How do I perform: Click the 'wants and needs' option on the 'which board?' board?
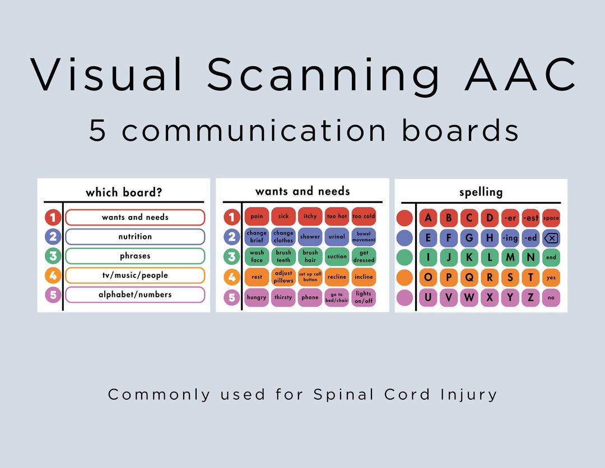click(135, 217)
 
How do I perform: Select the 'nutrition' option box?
click(135, 237)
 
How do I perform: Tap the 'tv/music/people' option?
click(135, 276)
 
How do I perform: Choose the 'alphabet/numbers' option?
click(135, 295)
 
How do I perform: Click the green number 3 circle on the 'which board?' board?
click(53, 256)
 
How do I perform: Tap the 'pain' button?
click(257, 217)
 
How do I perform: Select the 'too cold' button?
click(364, 217)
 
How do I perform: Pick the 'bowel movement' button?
click(364, 237)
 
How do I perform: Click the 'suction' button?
click(337, 256)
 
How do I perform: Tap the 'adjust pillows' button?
click(283, 277)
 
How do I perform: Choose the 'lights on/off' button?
click(364, 297)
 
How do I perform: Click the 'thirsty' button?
click(283, 297)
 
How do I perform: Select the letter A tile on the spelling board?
click(429, 218)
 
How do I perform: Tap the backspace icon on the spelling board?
click(551, 238)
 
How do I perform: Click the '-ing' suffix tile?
click(510, 238)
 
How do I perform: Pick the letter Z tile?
click(530, 297)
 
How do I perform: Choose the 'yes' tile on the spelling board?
click(551, 278)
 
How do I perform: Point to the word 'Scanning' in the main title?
click(323, 75)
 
